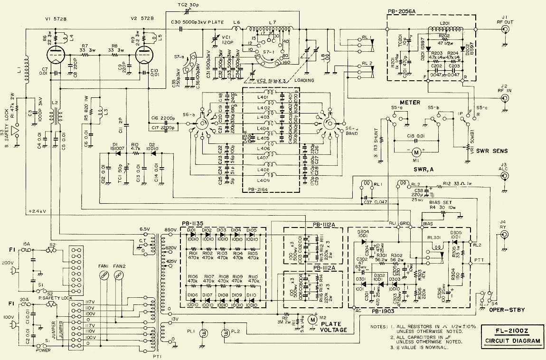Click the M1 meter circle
pos(416,152)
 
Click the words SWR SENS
pos(491,151)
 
